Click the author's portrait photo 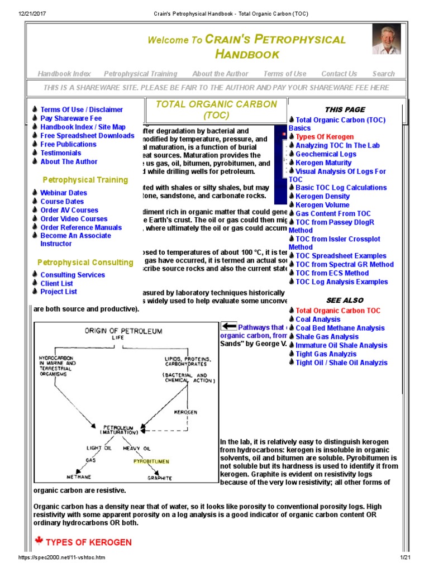click(x=387, y=39)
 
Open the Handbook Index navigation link click(x=64, y=74)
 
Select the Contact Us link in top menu click(x=339, y=74)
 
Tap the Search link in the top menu click(x=383, y=74)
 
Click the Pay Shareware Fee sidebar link click(x=71, y=118)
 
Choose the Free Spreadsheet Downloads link click(x=87, y=136)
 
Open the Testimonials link click(x=60, y=153)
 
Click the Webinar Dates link click(x=64, y=193)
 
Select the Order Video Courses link click(x=74, y=219)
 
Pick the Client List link click(x=56, y=283)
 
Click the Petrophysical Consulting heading click(x=85, y=263)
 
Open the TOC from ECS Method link click(x=332, y=273)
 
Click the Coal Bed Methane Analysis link click(x=340, y=328)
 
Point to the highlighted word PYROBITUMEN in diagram click(x=151, y=461)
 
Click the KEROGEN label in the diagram click(x=185, y=412)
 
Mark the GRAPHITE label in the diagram click(x=160, y=479)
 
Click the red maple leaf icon click(x=39, y=541)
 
